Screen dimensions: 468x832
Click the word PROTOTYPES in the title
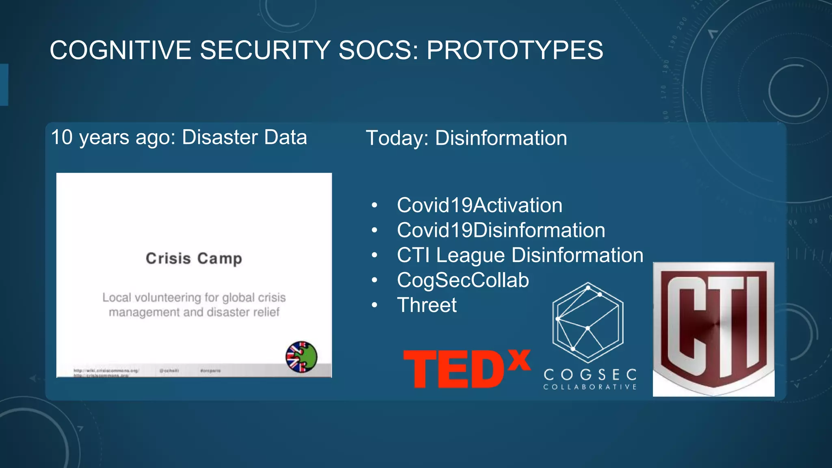(x=515, y=50)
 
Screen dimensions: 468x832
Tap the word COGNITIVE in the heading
(x=120, y=50)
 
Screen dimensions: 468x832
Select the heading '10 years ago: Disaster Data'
(x=179, y=137)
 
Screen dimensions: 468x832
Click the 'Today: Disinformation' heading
(x=466, y=138)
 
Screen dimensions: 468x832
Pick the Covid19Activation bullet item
(x=479, y=205)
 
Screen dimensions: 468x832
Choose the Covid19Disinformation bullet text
(x=501, y=230)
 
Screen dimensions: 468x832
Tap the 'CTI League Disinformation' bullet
(x=520, y=255)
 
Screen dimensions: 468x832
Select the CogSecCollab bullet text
(x=463, y=280)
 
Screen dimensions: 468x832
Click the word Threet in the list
(x=427, y=305)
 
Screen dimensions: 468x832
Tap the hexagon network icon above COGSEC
(x=588, y=322)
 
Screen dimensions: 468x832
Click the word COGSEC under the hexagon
(x=590, y=374)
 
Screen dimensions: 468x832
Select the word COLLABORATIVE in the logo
(x=590, y=387)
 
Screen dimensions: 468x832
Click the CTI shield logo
(x=713, y=329)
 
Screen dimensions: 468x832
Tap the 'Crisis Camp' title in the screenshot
(x=194, y=258)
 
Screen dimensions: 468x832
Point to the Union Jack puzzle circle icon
(x=301, y=357)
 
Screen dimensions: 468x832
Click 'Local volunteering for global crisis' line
(x=194, y=297)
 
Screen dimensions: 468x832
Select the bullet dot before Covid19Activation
(x=374, y=206)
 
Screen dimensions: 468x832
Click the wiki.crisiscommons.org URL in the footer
(x=106, y=370)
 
